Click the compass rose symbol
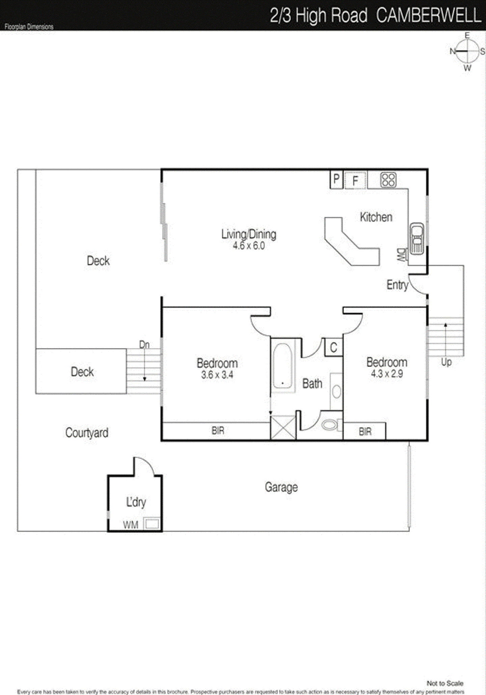pyautogui.click(x=467, y=51)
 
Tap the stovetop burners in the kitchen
pyautogui.click(x=388, y=180)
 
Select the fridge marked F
pyautogui.click(x=355, y=180)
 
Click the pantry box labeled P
pyautogui.click(x=336, y=179)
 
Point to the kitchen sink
pyautogui.click(x=417, y=239)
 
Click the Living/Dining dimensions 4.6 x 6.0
pyautogui.click(x=249, y=246)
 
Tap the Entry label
pyautogui.click(x=397, y=285)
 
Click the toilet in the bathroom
pyautogui.click(x=329, y=424)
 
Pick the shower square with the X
pyautogui.click(x=283, y=428)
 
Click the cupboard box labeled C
pyautogui.click(x=333, y=347)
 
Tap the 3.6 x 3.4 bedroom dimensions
pyautogui.click(x=217, y=375)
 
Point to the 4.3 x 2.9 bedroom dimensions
pyautogui.click(x=387, y=374)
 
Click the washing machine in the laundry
pyautogui.click(x=152, y=524)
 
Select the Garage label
pyautogui.click(x=281, y=487)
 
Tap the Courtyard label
pyautogui.click(x=87, y=433)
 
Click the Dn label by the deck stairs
pyautogui.click(x=144, y=345)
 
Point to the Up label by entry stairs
pyautogui.click(x=446, y=362)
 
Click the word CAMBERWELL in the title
pyautogui.click(x=428, y=16)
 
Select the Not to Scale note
pyautogui.click(x=445, y=683)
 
